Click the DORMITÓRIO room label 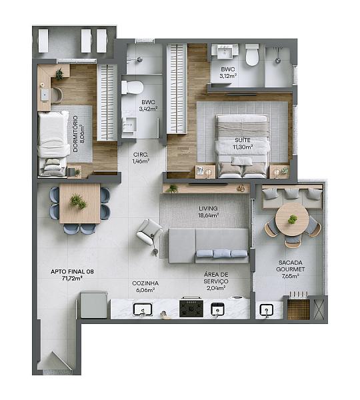coord(75,134)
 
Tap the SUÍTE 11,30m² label coord(243,143)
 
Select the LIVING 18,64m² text coord(209,212)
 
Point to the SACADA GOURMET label coord(291,266)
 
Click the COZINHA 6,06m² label coord(145,287)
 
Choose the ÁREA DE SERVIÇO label coord(216,278)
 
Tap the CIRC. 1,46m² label coord(141,158)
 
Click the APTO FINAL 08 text coord(72,271)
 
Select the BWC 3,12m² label coord(228,73)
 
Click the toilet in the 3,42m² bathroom coord(132,87)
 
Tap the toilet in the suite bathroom coord(252,55)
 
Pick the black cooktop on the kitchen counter coord(191,308)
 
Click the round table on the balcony coord(292,219)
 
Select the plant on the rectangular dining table coord(78,201)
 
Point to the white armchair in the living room coord(149,232)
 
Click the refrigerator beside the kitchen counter coord(94,305)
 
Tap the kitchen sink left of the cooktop coord(143,309)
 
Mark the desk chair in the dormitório coord(57,95)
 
